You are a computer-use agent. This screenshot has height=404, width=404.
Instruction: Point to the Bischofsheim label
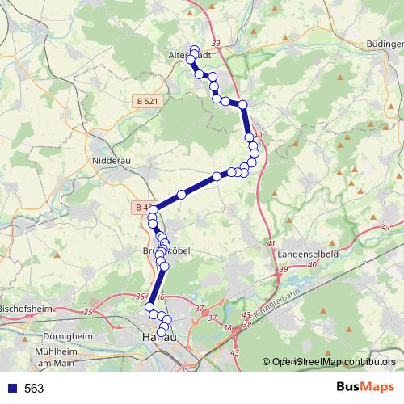(25, 308)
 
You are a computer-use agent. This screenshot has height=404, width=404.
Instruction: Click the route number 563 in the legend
(34, 388)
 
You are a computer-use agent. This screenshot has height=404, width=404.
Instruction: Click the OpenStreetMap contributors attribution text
(334, 363)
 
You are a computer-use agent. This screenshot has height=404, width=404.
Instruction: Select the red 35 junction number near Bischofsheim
(88, 311)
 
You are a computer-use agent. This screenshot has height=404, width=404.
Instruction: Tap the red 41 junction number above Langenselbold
(271, 244)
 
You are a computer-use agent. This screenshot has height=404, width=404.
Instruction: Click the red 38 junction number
(228, 328)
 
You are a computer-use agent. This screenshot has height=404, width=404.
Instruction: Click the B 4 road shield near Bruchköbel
(139, 208)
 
